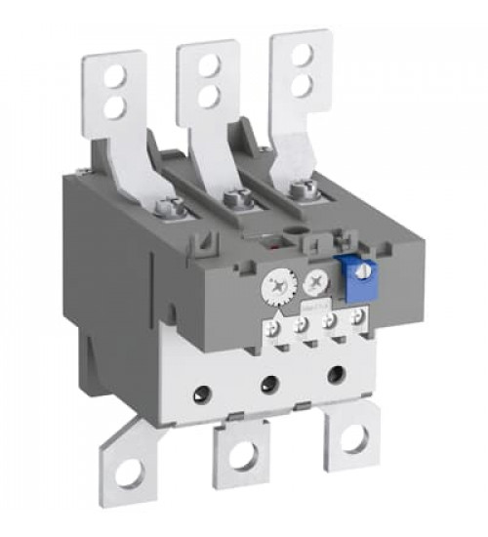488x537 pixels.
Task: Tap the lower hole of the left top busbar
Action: click(115, 106)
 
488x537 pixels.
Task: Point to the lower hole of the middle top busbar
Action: click(208, 95)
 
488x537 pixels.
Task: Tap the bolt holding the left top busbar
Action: click(168, 207)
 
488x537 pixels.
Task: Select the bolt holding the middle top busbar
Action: click(234, 199)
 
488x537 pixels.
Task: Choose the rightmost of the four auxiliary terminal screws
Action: click(361, 314)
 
